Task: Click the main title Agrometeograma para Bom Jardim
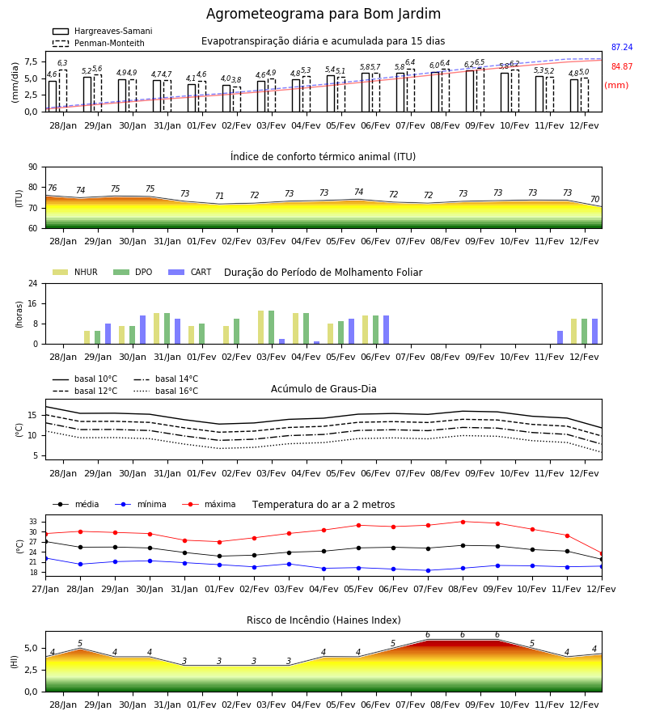[x=323, y=14]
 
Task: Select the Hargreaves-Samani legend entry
[x=102, y=31]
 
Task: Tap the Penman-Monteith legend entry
[x=99, y=43]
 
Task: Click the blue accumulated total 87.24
[x=622, y=48]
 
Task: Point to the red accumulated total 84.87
[x=622, y=66]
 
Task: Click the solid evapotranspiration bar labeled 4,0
[x=226, y=99]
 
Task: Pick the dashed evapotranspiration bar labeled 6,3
[x=62, y=91]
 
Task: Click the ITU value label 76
[x=52, y=188]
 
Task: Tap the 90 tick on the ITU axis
[x=33, y=167]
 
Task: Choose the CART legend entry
[x=190, y=272]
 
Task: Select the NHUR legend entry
[x=75, y=272]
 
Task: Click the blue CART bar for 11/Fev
[x=560, y=337]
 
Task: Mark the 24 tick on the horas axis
[x=33, y=283]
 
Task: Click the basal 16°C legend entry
[x=166, y=391]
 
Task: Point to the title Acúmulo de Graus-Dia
[x=323, y=389]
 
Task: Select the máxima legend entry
[x=209, y=504]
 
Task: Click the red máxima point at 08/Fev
[x=463, y=522]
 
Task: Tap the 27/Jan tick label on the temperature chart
[x=45, y=589]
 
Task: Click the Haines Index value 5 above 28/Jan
[x=80, y=644]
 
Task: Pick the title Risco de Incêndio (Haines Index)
[x=323, y=620]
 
